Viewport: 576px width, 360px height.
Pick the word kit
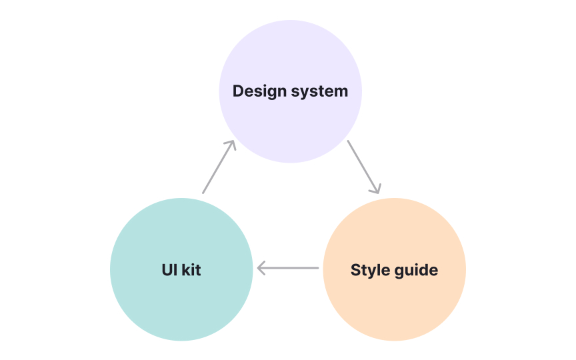[x=191, y=270]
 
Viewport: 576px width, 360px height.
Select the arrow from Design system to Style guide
[x=363, y=167]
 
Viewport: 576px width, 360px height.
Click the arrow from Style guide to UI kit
[x=288, y=269]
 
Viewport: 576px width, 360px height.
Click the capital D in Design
[x=238, y=91]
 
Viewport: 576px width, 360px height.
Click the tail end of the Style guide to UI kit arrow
[x=317, y=269]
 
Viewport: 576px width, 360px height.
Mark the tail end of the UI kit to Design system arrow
[x=203, y=193]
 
